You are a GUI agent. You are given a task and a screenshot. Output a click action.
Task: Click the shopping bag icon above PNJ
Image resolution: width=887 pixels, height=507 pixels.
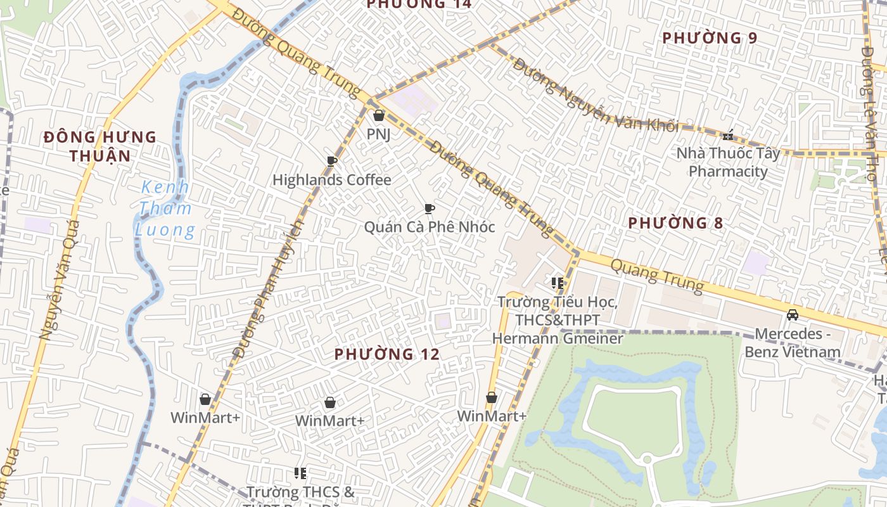[379, 115]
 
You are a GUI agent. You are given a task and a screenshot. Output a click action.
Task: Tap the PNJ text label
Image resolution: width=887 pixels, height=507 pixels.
[379, 134]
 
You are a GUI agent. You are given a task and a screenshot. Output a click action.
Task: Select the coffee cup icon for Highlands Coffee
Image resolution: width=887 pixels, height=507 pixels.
[331, 161]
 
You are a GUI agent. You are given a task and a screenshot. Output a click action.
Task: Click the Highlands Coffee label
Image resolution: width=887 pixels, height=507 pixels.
[331, 180]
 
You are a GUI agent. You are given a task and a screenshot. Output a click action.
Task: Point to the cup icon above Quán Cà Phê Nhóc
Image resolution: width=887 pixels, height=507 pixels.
[430, 209]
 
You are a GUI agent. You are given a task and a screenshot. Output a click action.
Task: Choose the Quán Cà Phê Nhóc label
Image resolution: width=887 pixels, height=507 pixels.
[430, 227]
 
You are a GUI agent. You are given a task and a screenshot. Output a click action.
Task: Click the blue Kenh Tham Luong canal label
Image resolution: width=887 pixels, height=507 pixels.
[165, 209]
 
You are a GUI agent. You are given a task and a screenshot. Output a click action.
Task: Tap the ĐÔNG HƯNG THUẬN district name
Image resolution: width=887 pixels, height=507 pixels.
[100, 146]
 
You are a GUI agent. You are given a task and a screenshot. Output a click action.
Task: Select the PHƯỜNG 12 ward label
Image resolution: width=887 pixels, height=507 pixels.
[386, 354]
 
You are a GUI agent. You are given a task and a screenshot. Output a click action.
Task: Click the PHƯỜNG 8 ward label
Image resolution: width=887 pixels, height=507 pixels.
[675, 223]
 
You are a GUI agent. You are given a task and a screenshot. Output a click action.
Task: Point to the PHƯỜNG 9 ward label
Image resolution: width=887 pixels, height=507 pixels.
[710, 38]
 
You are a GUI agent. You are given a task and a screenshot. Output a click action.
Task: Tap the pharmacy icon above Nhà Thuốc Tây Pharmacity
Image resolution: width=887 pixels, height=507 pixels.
[729, 135]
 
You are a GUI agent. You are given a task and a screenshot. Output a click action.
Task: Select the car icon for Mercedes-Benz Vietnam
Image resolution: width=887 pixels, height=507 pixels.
[792, 315]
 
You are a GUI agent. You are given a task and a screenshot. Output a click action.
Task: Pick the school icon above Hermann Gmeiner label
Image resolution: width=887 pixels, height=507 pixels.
[558, 283]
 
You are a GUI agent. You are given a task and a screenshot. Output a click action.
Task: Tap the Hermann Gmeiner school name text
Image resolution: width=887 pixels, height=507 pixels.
[558, 321]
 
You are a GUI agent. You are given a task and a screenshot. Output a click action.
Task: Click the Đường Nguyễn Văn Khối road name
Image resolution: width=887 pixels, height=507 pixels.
[595, 96]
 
